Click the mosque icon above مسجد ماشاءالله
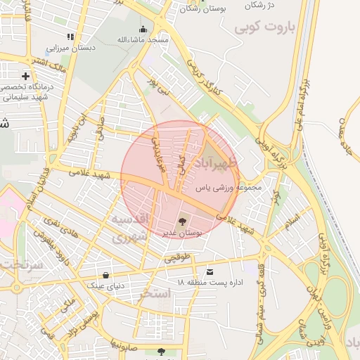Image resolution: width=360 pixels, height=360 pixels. (143, 29)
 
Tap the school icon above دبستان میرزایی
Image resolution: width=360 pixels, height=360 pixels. (70, 37)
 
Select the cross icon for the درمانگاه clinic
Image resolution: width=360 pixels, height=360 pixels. (26, 75)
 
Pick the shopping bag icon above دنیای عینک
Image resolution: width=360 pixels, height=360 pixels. (105, 275)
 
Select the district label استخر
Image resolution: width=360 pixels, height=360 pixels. (155, 293)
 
